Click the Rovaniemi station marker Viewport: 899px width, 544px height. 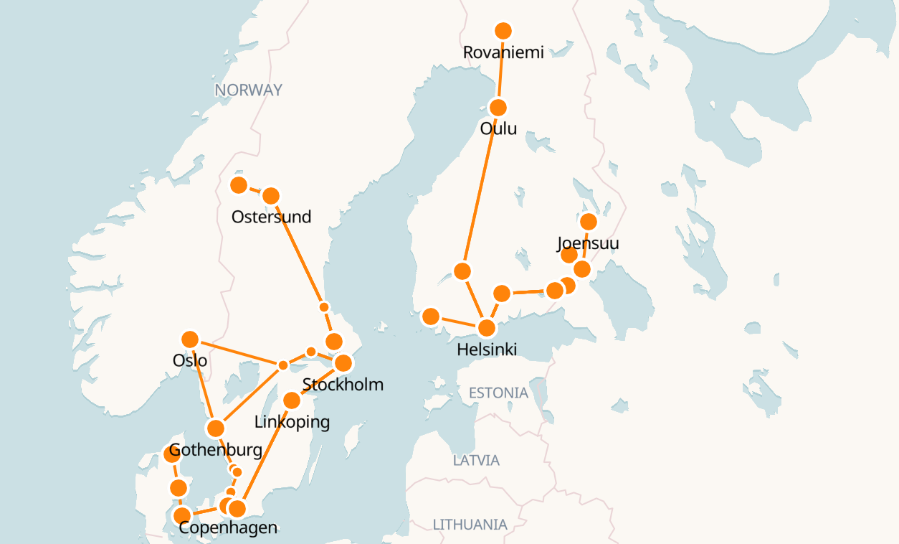[x=503, y=30]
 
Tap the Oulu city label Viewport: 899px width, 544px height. [x=498, y=129]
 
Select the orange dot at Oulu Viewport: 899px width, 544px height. [x=498, y=108]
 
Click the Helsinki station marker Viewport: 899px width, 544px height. [x=487, y=328]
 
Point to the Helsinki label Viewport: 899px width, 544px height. [x=487, y=350]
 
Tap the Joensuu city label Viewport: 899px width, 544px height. [x=588, y=243]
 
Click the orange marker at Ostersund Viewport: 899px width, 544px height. [x=271, y=195]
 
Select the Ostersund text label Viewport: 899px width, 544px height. [x=271, y=217]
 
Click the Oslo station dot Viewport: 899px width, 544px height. [x=190, y=339]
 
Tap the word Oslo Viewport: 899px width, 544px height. [x=190, y=360]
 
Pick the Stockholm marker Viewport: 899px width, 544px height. [x=343, y=362]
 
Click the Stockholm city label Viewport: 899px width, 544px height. [x=343, y=385]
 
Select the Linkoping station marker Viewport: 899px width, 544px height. [x=292, y=400]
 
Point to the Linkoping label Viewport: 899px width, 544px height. [x=292, y=422]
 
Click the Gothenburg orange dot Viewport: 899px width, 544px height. [x=216, y=428]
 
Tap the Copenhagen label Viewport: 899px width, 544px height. [x=228, y=528]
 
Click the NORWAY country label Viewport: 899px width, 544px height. [x=248, y=90]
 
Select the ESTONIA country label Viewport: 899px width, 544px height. [x=498, y=393]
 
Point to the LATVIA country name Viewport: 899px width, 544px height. [x=476, y=461]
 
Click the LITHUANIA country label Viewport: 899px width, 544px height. [x=470, y=525]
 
